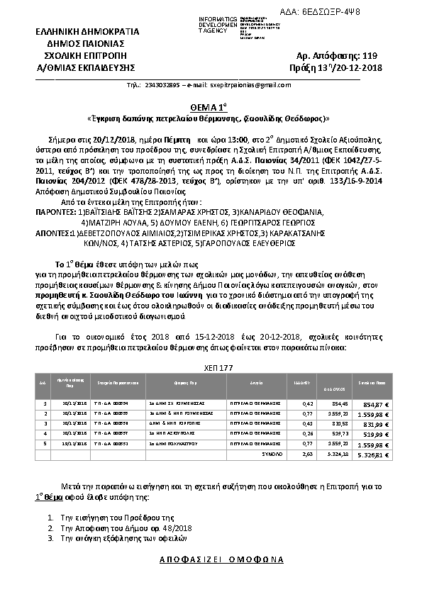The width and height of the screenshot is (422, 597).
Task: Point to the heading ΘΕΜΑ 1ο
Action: point(211,105)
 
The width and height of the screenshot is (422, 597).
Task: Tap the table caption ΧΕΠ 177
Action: point(210,369)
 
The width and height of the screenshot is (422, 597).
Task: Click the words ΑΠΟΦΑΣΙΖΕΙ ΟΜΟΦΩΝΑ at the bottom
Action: point(211,559)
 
